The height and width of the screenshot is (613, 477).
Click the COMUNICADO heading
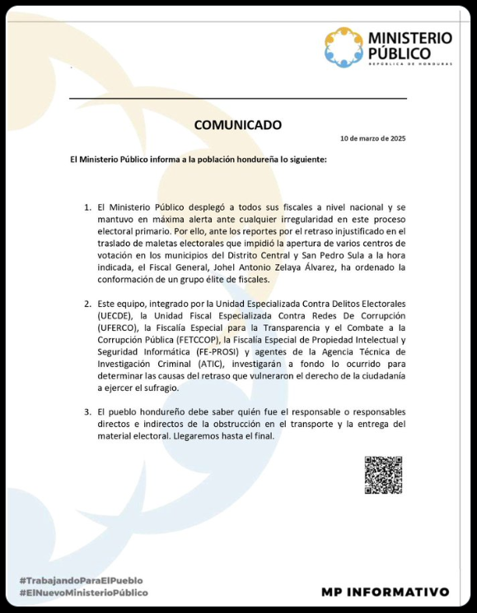237,125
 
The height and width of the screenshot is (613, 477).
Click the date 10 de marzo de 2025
372,138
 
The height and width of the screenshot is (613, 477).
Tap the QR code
383,475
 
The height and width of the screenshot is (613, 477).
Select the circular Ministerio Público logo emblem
343,46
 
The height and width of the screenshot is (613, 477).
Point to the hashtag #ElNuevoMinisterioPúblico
83,592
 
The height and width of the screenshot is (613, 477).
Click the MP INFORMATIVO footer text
386,592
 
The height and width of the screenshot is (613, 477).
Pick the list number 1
88,207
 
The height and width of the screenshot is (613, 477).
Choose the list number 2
88,304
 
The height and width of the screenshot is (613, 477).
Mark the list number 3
88,411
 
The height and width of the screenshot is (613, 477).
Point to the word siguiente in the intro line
306,159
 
